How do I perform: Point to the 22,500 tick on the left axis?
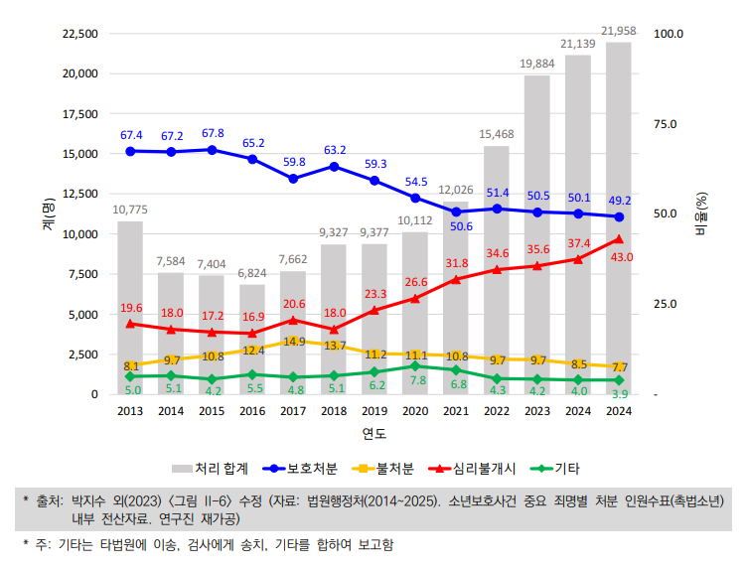click(79, 34)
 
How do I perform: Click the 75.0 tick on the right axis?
click(664, 124)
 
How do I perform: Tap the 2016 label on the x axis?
click(252, 411)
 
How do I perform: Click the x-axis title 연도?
click(373, 434)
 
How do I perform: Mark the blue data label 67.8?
click(212, 133)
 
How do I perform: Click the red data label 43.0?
click(622, 257)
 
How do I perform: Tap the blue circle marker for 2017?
click(293, 179)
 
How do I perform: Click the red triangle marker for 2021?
click(455, 280)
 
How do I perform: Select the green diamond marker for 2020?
click(414, 366)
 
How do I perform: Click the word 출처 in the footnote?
click(50, 499)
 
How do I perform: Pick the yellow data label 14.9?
click(294, 342)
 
